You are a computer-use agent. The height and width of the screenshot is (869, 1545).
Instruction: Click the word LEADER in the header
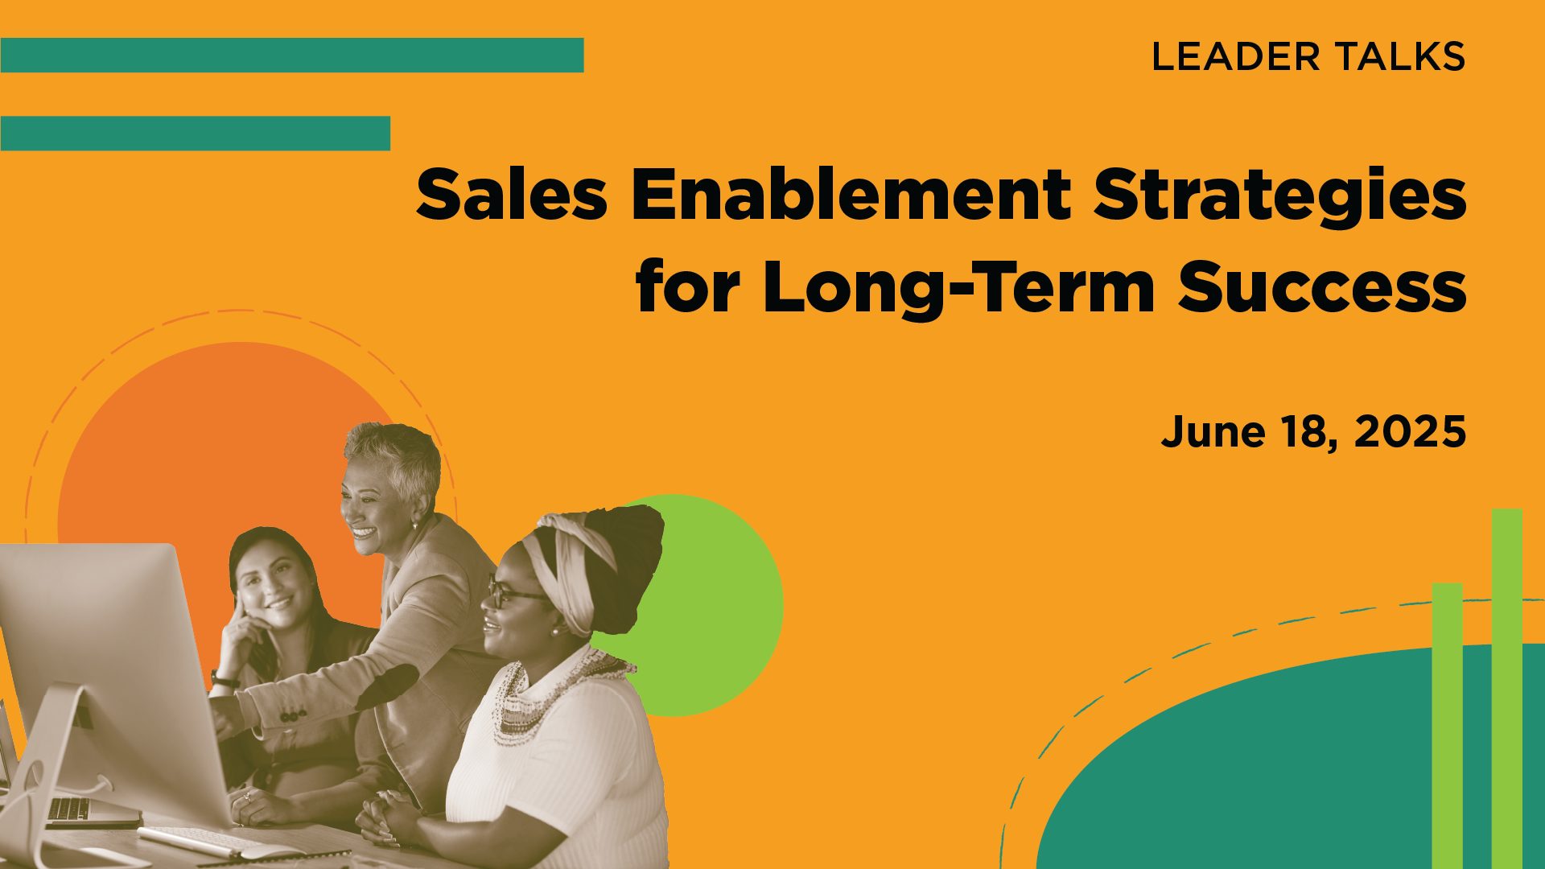pyautogui.click(x=1236, y=56)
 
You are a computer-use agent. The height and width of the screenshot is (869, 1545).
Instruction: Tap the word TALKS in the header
pyautogui.click(x=1400, y=56)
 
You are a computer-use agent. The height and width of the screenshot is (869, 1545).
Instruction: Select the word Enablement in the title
pyautogui.click(x=851, y=196)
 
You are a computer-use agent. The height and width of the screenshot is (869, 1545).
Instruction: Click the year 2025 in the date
pyautogui.click(x=1410, y=432)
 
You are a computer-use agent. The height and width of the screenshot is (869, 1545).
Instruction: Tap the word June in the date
pyautogui.click(x=1202, y=432)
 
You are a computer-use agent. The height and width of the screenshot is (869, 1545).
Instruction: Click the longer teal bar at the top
pyautogui.click(x=292, y=55)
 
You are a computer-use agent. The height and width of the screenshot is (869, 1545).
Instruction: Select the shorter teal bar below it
pyautogui.click(x=196, y=133)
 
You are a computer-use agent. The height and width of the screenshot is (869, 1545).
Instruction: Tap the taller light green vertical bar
pyautogui.click(x=1507, y=689)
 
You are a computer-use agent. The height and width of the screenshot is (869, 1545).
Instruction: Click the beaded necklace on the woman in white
pyautogui.click(x=555, y=692)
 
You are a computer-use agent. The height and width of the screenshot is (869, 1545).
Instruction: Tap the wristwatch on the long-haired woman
pyautogui.click(x=224, y=681)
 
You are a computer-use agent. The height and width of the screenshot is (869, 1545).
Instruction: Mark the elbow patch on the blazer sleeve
pyautogui.click(x=387, y=688)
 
